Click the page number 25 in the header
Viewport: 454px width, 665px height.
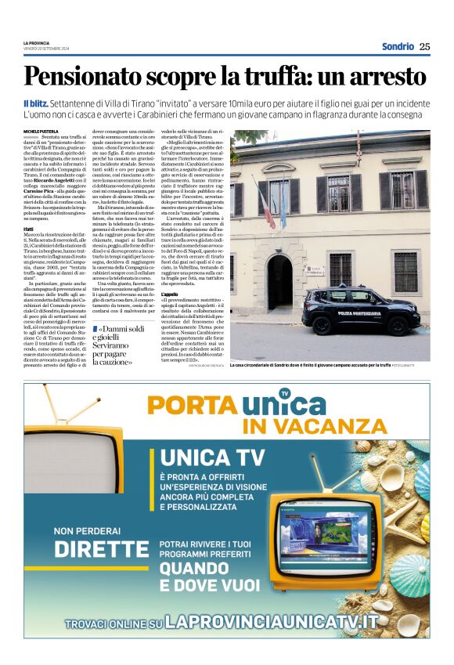tap(424, 46)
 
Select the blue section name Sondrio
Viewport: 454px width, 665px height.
tap(398, 46)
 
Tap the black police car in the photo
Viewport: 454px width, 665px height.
tap(367, 312)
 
